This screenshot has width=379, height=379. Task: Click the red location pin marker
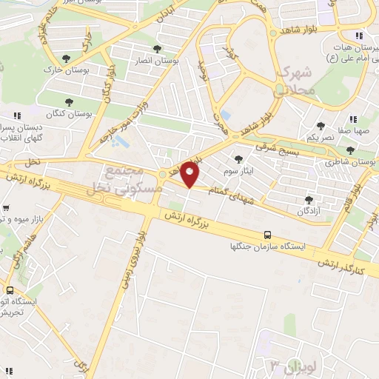pos(190,175)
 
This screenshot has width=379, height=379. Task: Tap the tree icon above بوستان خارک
pos(67,58)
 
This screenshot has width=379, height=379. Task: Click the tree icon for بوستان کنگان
pos(70,102)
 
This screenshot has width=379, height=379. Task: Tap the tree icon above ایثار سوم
pos(238,158)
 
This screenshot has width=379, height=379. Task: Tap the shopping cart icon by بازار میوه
pos(7,208)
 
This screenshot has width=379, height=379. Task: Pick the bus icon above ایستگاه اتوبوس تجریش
pos(10,291)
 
